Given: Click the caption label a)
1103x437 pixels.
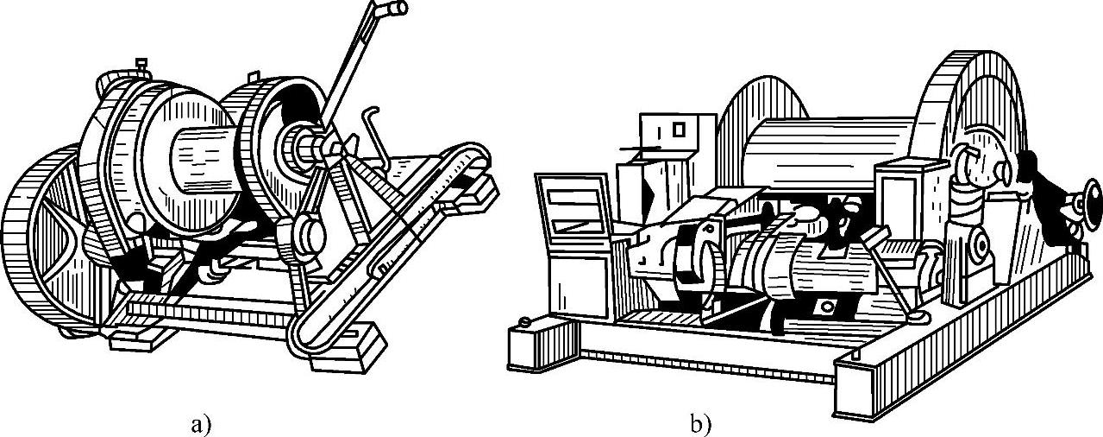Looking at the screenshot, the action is click(201, 424).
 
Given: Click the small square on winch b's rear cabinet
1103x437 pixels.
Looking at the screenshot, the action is click(679, 130).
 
